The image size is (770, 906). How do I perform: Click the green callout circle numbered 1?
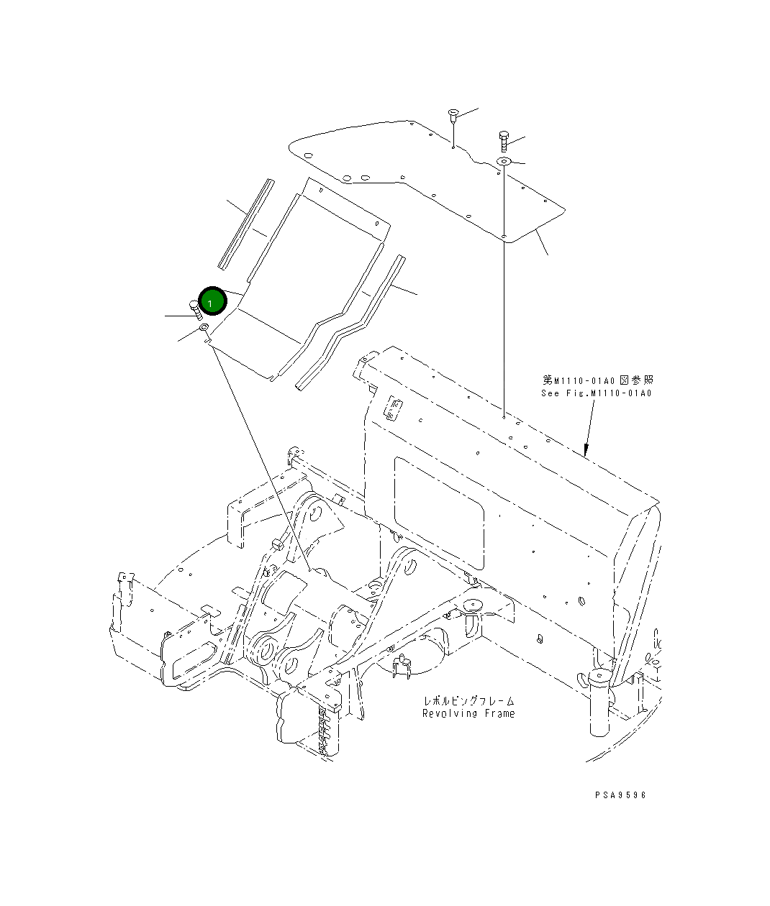(212, 301)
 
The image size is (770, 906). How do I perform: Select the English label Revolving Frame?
(468, 713)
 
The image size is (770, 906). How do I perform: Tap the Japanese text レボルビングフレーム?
(468, 700)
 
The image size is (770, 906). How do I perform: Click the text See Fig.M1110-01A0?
(597, 393)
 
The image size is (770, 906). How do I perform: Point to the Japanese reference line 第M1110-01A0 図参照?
(598, 380)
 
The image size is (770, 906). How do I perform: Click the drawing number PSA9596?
(620, 795)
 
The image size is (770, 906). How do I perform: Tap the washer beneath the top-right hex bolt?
(503, 161)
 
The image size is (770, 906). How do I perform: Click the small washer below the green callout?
(203, 328)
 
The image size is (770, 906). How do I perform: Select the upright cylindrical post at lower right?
(599, 701)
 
